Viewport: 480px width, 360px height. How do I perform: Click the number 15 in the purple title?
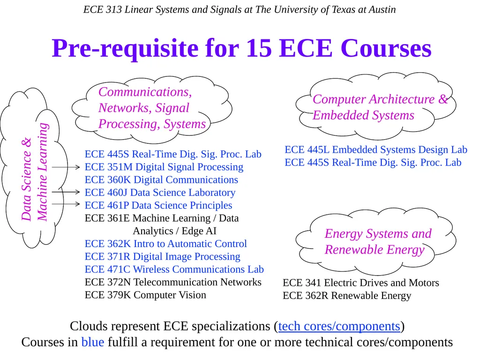click(x=259, y=48)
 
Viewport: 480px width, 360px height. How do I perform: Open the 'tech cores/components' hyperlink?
click(x=339, y=326)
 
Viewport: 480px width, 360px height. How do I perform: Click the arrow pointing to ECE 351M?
click(x=66, y=167)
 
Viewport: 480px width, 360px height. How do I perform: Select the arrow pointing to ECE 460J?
click(x=66, y=192)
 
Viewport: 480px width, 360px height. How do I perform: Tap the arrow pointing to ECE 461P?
click(x=66, y=204)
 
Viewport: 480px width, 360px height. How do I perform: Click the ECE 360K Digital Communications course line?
click(x=161, y=180)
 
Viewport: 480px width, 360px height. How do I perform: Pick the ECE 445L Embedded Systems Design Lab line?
click(x=376, y=150)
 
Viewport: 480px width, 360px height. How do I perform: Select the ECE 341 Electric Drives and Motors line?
click(x=361, y=283)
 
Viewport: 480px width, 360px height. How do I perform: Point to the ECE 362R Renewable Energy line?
click(x=347, y=296)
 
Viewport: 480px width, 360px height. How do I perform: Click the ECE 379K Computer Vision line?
click(x=145, y=295)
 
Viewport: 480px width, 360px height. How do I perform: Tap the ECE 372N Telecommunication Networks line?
click(x=173, y=282)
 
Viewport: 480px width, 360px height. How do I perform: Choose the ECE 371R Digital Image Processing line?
click(x=163, y=256)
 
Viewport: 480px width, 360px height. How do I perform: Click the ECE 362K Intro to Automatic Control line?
click(x=165, y=244)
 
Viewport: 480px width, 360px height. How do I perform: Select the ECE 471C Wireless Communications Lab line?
click(x=174, y=270)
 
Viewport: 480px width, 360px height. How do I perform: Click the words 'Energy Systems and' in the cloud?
click(x=378, y=233)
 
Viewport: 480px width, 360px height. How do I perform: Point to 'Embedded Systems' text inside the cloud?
click(x=363, y=115)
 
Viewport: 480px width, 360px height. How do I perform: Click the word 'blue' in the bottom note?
click(x=92, y=342)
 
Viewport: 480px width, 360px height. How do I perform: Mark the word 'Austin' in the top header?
click(x=382, y=9)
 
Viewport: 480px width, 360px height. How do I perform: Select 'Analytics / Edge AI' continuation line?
click(x=174, y=231)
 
